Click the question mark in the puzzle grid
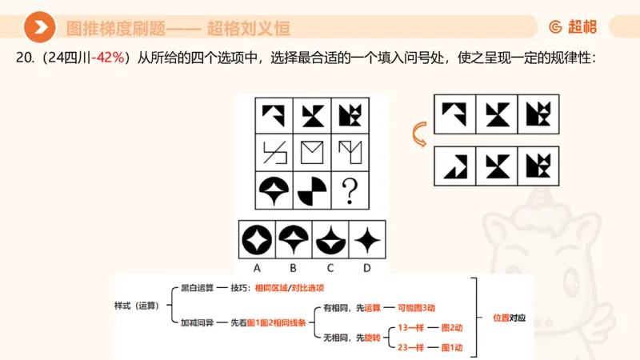[x=349, y=191]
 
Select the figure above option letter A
[x=258, y=239]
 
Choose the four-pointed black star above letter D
[x=366, y=239]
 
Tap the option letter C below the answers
[x=330, y=268]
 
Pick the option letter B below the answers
[x=294, y=268]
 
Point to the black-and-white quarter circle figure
[x=312, y=191]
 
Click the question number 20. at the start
[x=26, y=58]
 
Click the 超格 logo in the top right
[x=573, y=26]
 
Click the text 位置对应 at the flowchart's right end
[x=506, y=317]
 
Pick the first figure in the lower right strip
[x=454, y=164]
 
